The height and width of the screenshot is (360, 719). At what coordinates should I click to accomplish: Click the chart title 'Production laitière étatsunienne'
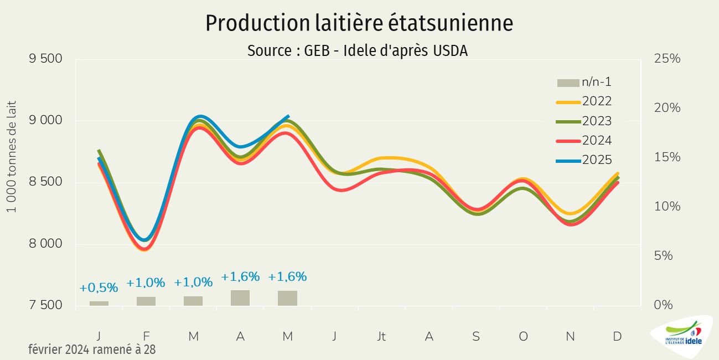click(359, 23)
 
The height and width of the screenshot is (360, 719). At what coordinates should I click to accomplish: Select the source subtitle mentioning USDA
click(358, 50)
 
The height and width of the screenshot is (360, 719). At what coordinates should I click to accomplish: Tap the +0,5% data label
click(99, 288)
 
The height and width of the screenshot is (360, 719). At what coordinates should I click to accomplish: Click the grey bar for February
click(146, 301)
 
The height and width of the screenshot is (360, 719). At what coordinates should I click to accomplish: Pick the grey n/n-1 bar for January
click(99, 304)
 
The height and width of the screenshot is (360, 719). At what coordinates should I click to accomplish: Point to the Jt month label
click(381, 336)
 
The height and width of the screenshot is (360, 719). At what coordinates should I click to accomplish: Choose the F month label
click(146, 336)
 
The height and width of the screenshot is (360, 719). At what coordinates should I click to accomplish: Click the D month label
click(617, 336)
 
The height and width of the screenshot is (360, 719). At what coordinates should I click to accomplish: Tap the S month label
click(476, 336)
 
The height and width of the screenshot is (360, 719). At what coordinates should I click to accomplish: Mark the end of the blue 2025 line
click(288, 116)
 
